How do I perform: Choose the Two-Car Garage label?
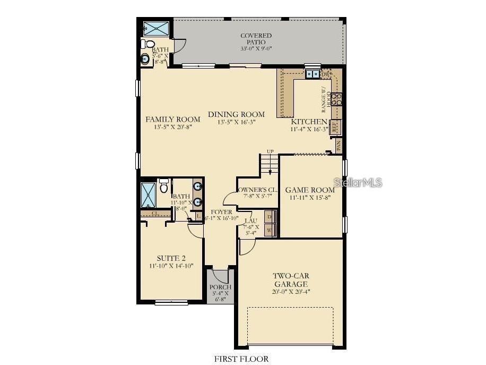click(x=291, y=280)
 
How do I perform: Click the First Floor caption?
click(x=241, y=359)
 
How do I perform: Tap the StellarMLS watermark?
click(x=358, y=183)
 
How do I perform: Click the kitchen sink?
click(x=313, y=74)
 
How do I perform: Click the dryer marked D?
click(x=270, y=217)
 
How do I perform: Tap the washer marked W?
click(x=270, y=231)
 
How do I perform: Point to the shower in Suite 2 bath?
click(x=148, y=195)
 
